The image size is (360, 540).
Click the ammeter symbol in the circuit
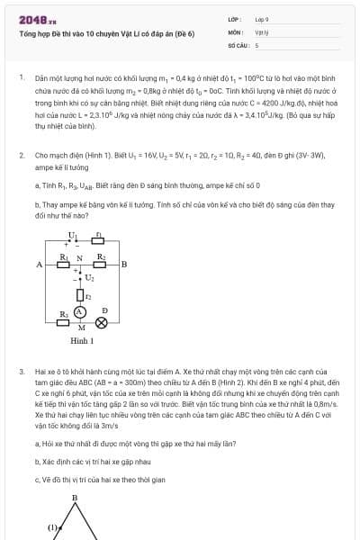tap(80, 311)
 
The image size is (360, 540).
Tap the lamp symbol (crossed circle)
tap(102, 322)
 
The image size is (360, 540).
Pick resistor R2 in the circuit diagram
tap(102, 264)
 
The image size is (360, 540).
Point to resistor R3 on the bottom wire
tap(63, 321)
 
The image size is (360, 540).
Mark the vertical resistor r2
tap(81, 294)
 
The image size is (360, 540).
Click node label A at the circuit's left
tap(40, 265)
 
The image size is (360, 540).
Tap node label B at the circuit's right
tap(123, 265)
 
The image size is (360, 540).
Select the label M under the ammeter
tap(81, 328)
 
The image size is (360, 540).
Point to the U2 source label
tap(89, 278)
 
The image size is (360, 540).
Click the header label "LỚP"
tap(235, 18)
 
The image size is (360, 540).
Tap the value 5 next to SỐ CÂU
tap(256, 44)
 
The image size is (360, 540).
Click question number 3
tap(22, 371)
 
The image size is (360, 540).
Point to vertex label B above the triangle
tap(75, 498)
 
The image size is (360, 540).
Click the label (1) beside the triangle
tap(52, 527)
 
